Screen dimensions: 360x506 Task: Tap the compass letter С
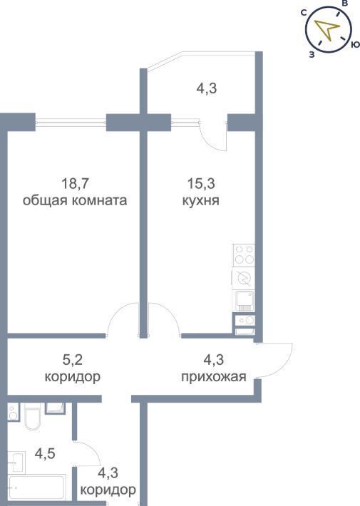304,13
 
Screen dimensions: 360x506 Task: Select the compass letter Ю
355,44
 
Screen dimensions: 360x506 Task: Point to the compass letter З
312,55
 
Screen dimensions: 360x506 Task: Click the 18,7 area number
75,184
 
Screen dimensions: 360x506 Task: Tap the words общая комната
75,200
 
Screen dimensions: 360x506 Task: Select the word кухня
201,201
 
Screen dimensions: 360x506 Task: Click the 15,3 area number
201,184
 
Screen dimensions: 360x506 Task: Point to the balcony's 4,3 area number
207,88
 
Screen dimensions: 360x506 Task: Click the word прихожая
214,376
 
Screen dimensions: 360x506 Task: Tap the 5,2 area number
72,359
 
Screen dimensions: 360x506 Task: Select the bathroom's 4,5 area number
45,454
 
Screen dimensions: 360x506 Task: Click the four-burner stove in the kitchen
244,255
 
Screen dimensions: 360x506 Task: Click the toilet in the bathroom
32,416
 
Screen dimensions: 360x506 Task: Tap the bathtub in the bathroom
36,487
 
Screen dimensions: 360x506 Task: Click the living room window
71,122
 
